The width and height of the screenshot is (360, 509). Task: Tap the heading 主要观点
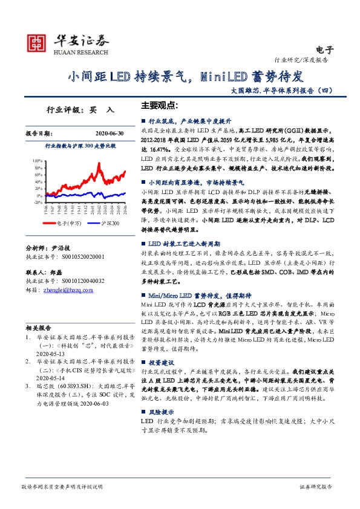click(x=160, y=104)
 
